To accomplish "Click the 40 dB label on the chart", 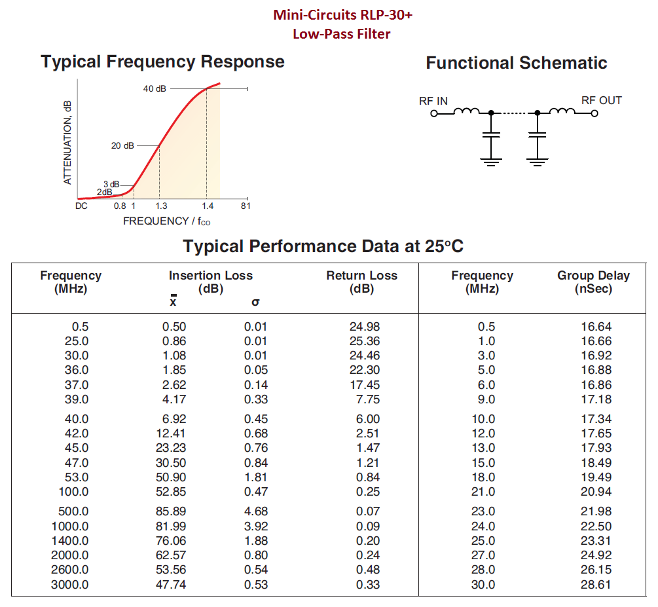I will tap(155, 88).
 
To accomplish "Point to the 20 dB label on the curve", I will tap(122, 145).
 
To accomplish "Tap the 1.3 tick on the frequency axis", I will tap(160, 206).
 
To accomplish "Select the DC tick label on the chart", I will tap(82, 206).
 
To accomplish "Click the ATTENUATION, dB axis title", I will tap(68, 141).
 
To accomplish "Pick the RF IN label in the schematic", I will tap(433, 101).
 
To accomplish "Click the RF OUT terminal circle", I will tap(594, 113).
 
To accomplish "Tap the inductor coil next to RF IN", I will tap(467, 111).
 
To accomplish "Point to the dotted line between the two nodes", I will tap(514, 113).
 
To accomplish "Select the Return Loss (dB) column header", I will tap(361, 282).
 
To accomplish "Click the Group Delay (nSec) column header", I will tap(593, 282).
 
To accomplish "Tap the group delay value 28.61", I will tap(596, 585).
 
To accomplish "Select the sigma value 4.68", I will tap(256, 511).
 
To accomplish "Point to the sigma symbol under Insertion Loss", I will tap(255, 303).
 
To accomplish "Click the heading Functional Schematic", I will tap(517, 63).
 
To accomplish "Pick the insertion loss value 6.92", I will tap(174, 419).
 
